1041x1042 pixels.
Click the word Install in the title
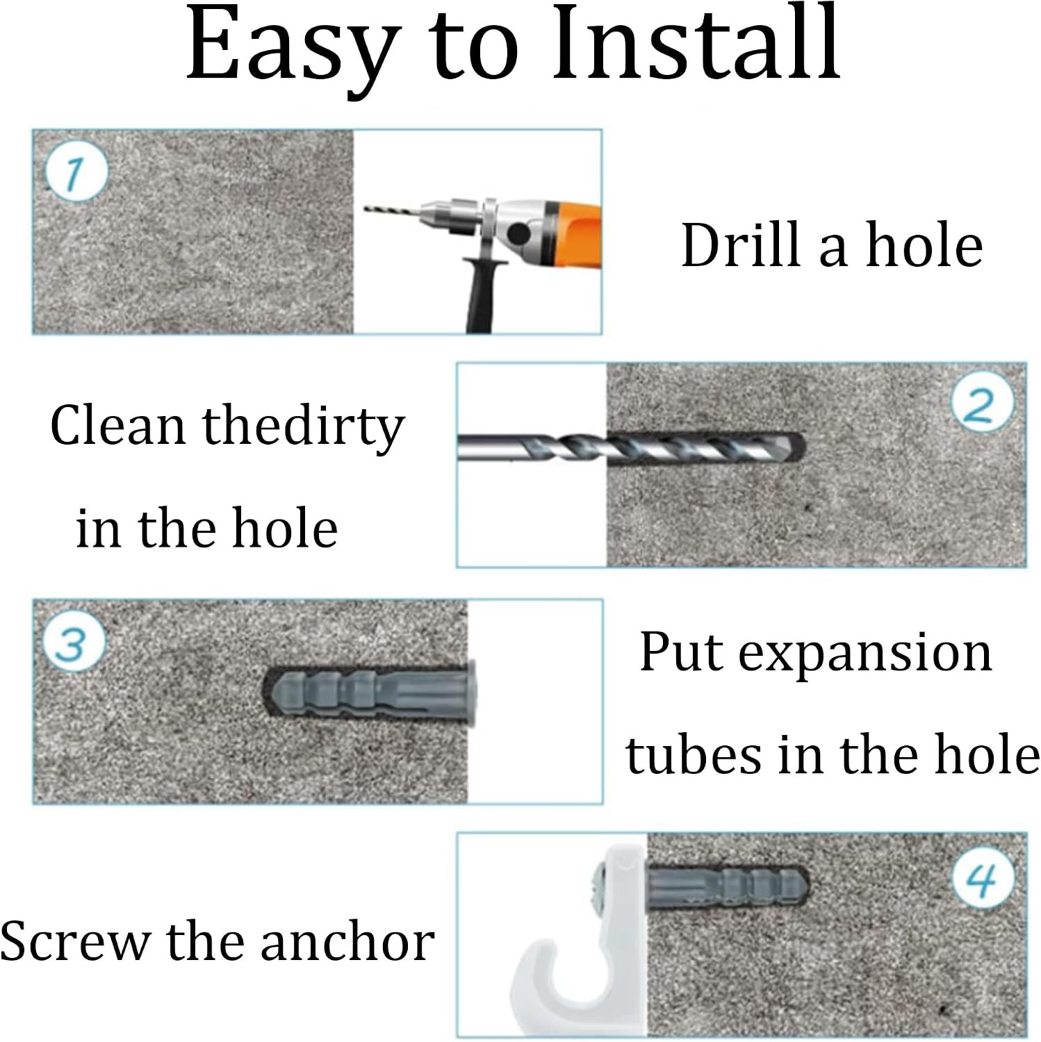[x=697, y=42]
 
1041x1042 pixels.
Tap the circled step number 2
[x=981, y=405]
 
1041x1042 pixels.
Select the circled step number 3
[x=72, y=643]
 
